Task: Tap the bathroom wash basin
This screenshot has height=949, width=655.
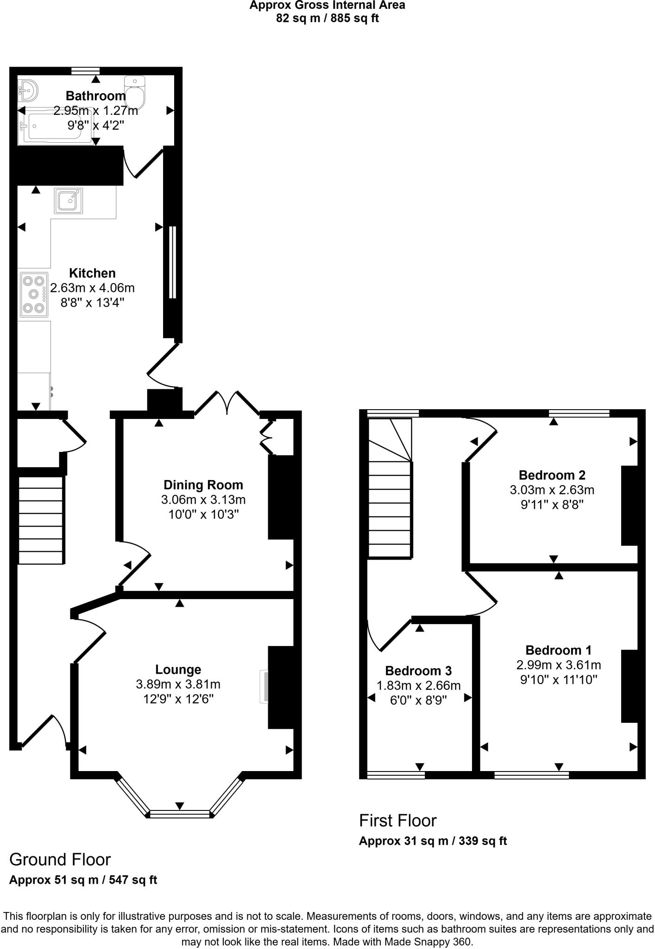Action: tap(28, 90)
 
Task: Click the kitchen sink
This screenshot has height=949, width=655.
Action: tap(69, 201)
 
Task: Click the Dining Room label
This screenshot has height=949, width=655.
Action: tap(203, 485)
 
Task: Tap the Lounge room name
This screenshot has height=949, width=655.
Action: tap(178, 670)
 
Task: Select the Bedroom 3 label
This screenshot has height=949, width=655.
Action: tap(418, 671)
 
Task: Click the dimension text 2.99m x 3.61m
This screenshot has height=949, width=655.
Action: tap(559, 665)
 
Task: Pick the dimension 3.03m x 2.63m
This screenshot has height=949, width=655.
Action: tap(552, 490)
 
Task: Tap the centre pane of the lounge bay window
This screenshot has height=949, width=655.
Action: tap(180, 814)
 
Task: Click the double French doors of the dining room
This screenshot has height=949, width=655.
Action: tap(227, 402)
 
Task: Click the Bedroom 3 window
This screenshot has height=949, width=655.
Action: tap(396, 775)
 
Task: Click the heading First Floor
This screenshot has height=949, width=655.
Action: tap(397, 821)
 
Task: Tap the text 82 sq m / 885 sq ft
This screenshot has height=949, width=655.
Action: tap(327, 19)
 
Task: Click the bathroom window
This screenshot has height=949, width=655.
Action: tap(86, 70)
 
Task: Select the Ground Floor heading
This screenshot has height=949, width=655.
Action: tap(60, 860)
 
